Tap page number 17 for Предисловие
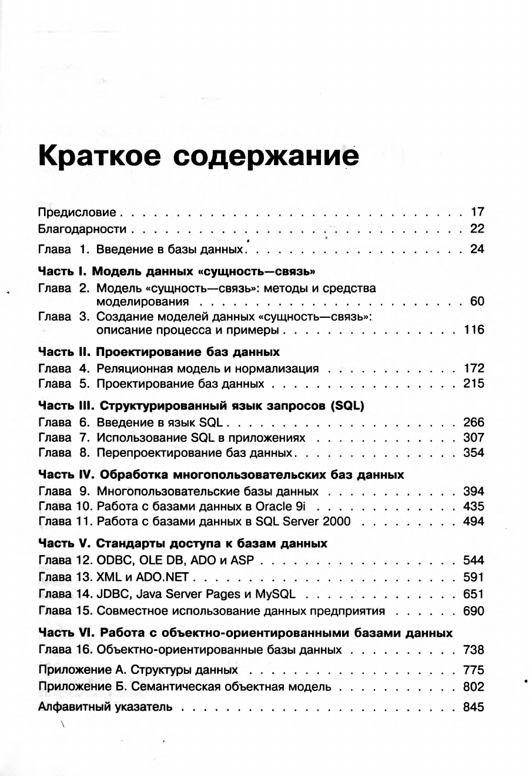click(477, 212)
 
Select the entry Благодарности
click(82, 229)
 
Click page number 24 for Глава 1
click(477, 249)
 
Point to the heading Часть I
click(63, 272)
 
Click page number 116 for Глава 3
click(474, 330)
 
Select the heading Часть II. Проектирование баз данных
click(159, 352)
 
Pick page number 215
click(474, 384)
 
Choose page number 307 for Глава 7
click(474, 438)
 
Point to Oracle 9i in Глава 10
click(280, 506)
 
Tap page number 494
click(474, 522)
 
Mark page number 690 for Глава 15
click(474, 611)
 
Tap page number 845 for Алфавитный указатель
click(474, 707)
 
